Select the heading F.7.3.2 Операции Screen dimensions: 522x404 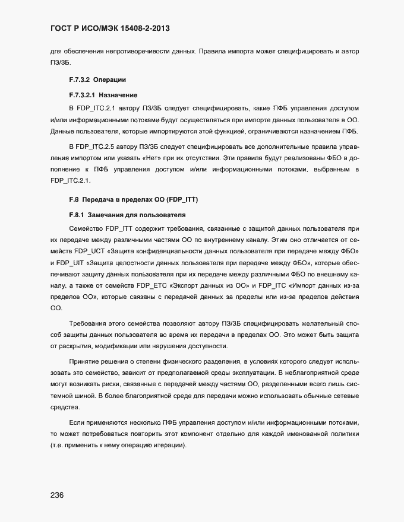pos(97,79)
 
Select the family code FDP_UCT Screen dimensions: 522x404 pos(88,251)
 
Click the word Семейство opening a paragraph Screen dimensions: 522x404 pos(88,228)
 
